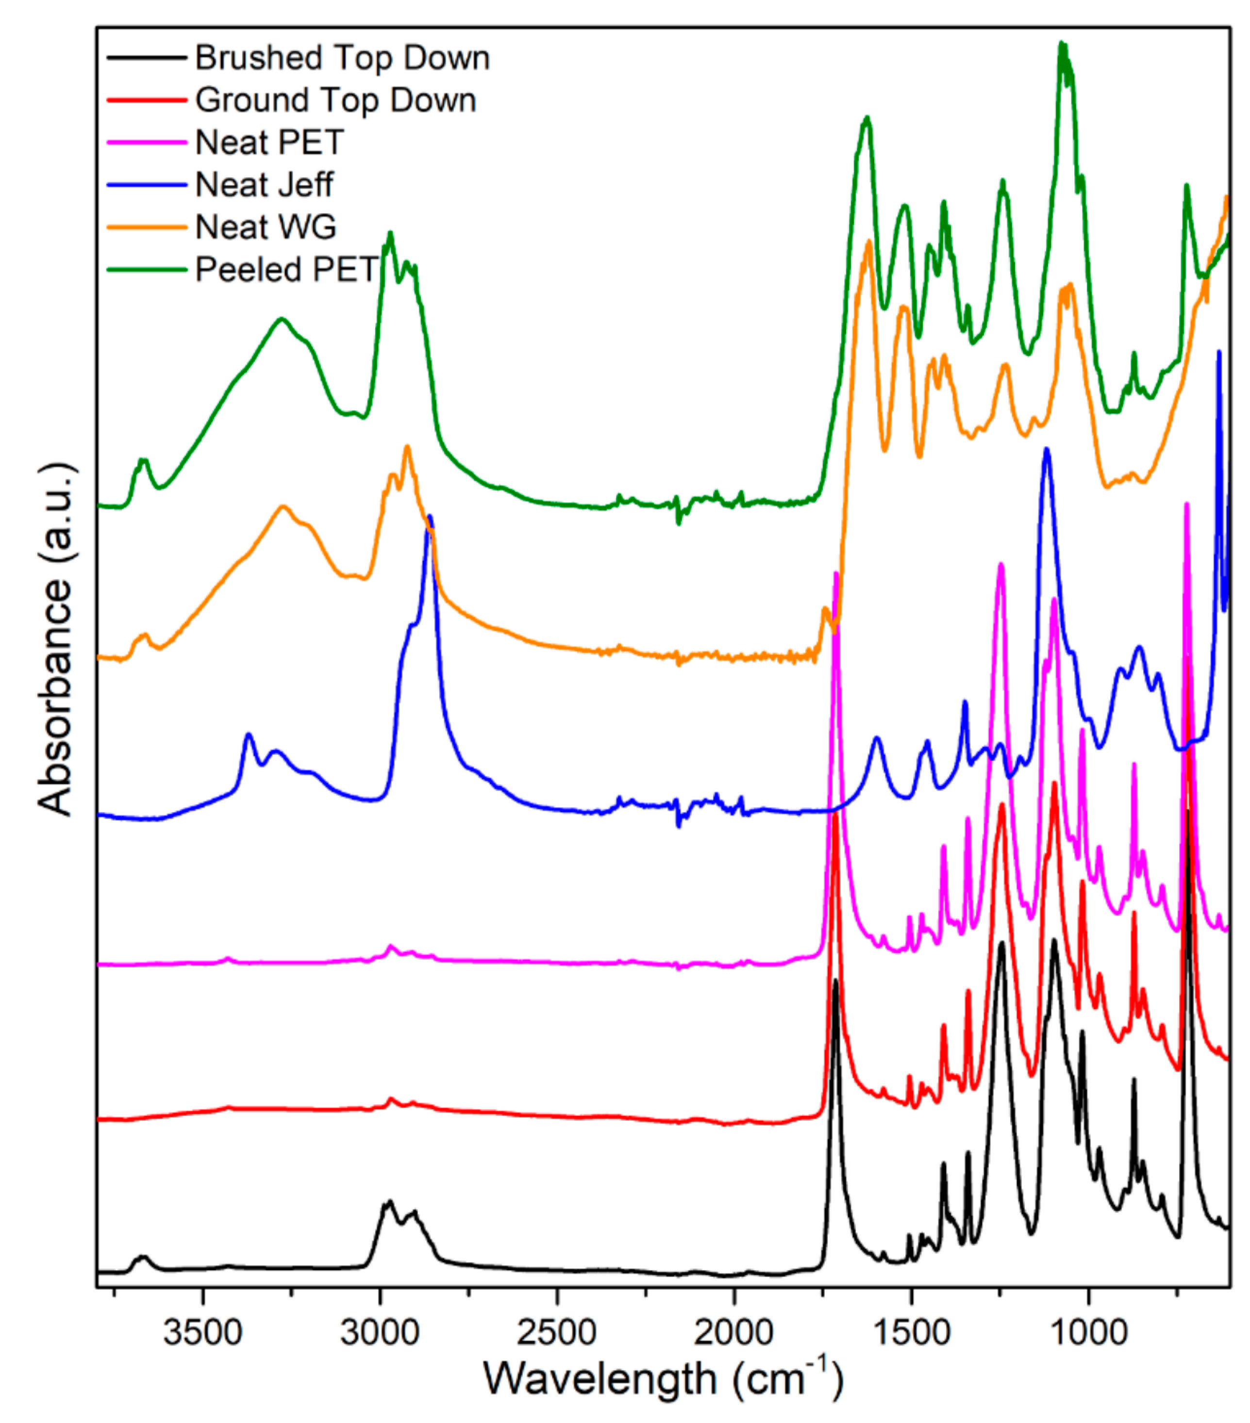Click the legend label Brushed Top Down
[342, 58]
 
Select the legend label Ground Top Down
[335, 100]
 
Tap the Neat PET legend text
[269, 143]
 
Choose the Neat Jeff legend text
[264, 185]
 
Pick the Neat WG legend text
[266, 228]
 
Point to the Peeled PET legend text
[286, 270]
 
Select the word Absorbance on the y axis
[56, 696]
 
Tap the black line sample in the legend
[147, 58]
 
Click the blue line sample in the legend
[147, 185]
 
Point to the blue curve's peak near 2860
[430, 517]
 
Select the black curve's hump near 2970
[388, 1202]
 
